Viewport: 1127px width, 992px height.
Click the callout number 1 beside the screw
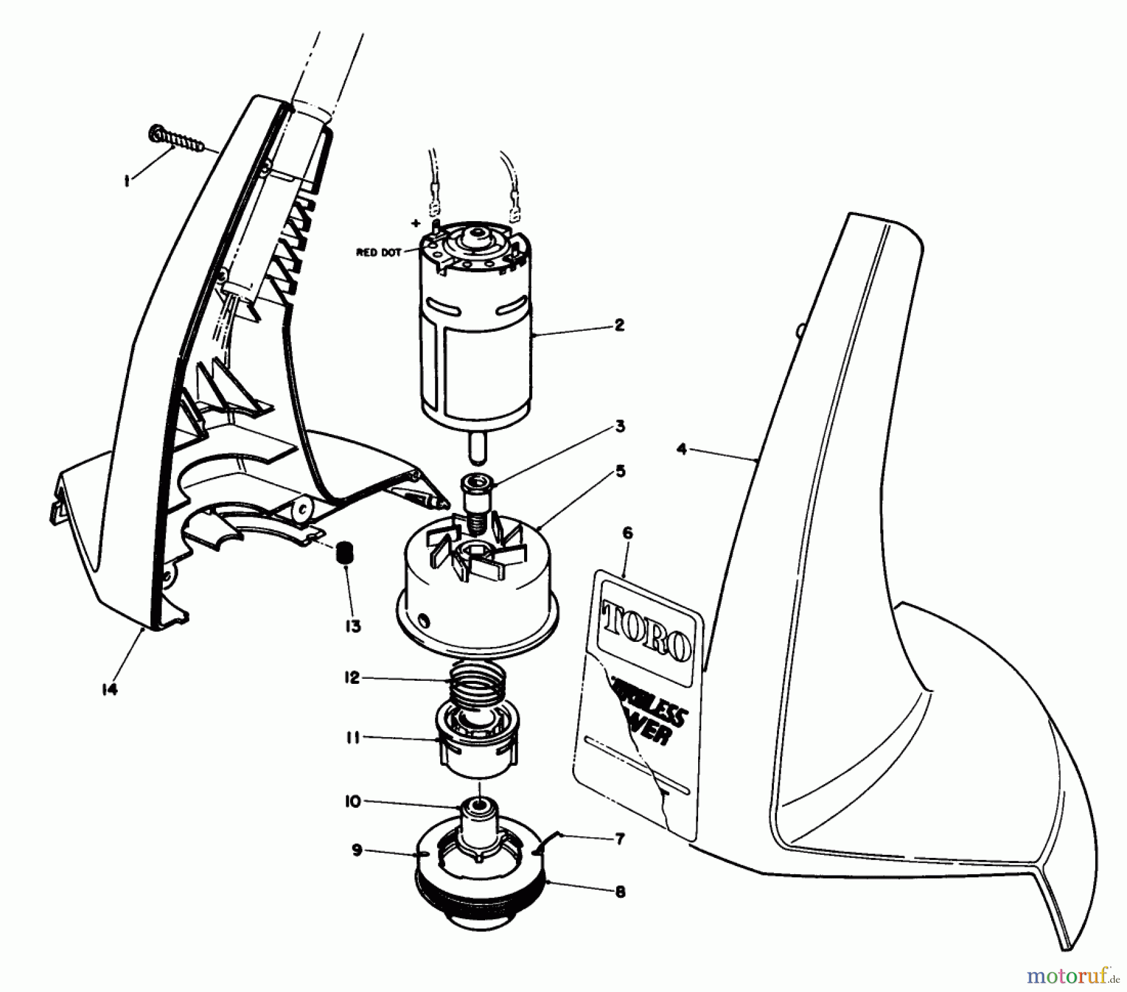127,181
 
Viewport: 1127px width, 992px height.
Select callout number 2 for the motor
619,325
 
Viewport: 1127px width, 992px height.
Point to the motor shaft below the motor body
475,449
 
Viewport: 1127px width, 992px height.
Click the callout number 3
619,426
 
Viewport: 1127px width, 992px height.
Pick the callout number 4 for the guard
682,449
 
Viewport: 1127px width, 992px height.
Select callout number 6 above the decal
627,534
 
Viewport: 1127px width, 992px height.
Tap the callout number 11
353,738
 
